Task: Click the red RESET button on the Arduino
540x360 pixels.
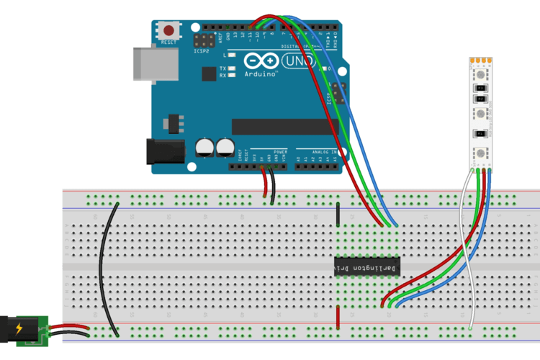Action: tap(169, 31)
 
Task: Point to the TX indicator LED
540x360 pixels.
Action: tap(232, 68)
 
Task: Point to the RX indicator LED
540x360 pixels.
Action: tap(232, 75)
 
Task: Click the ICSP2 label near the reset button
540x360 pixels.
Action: tap(202, 52)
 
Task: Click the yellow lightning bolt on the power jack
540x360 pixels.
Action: tap(18, 329)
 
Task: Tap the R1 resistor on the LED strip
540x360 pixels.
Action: tap(480, 135)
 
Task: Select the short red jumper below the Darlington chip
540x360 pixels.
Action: tap(337, 316)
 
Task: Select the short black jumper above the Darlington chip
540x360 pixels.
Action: tap(337, 213)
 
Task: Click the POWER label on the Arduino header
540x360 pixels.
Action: tap(280, 153)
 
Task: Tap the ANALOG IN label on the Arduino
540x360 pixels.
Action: tap(320, 153)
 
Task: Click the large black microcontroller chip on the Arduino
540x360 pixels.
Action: tap(284, 126)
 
